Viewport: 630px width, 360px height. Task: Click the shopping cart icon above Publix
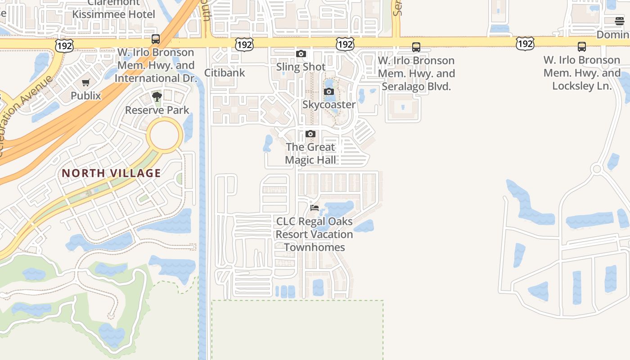coord(86,82)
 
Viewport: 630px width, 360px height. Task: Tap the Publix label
coord(86,95)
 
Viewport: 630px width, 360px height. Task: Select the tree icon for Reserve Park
coord(157,97)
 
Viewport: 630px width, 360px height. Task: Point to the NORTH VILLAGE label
coord(111,173)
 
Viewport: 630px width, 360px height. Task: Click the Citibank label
coord(225,72)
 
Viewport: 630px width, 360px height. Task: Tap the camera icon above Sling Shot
coord(301,54)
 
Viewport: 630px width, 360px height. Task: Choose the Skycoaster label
coord(329,104)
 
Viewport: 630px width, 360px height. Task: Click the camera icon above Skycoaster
coord(329,92)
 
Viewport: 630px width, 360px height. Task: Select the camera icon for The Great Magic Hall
coord(310,134)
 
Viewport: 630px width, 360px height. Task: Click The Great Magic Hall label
coord(310,153)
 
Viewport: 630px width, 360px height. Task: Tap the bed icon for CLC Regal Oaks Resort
coord(315,208)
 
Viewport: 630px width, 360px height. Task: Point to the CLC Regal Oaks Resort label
coord(314,234)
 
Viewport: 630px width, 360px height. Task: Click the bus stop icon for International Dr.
coord(156,39)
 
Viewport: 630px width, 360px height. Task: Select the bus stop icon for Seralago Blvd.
coord(416,47)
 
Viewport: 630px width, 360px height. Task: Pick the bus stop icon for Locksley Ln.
coord(582,47)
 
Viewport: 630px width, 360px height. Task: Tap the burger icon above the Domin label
coord(620,21)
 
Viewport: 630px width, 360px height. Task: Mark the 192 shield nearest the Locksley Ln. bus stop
coord(525,44)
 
